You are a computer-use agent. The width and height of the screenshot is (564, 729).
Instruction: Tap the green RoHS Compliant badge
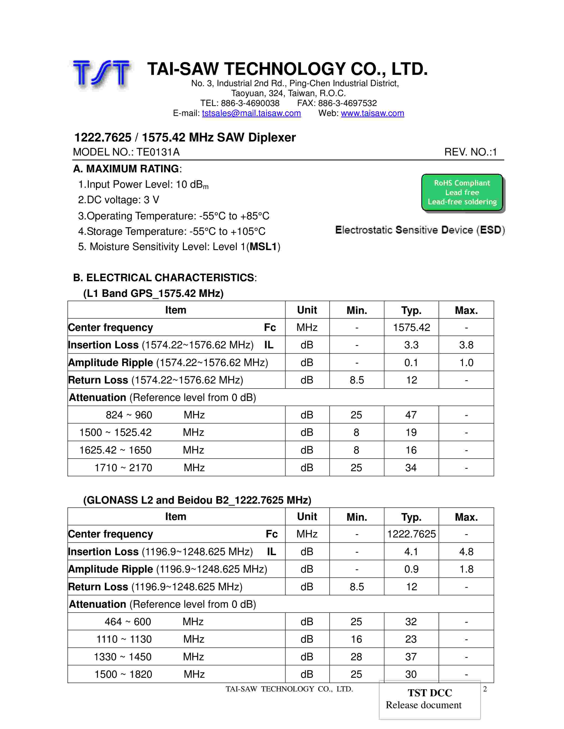pyautogui.click(x=462, y=193)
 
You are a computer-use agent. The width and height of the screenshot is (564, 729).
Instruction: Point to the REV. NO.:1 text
pyautogui.click(x=470, y=152)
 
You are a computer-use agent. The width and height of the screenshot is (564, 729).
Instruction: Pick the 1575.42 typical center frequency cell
pyautogui.click(x=411, y=327)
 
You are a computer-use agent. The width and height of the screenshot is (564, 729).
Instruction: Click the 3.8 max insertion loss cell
pyautogui.click(x=466, y=345)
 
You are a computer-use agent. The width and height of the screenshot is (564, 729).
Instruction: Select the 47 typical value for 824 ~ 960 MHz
pyautogui.click(x=411, y=415)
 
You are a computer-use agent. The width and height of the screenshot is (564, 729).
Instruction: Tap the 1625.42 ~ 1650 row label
pyautogui.click(x=115, y=450)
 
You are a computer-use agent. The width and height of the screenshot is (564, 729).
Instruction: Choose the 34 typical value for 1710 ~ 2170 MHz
pyautogui.click(x=411, y=468)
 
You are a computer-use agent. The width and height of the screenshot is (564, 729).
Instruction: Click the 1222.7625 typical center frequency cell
pyautogui.click(x=411, y=534)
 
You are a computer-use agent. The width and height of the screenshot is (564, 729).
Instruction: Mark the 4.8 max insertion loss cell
pyautogui.click(x=466, y=552)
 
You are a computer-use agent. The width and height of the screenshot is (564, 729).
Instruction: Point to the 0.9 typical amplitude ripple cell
pyautogui.click(x=411, y=569)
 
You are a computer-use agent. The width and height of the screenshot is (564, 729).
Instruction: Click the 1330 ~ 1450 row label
pyautogui.click(x=123, y=657)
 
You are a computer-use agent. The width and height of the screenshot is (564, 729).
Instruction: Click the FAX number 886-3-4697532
pyautogui.click(x=347, y=103)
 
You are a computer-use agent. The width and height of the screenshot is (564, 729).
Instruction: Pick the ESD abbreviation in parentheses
pyautogui.click(x=491, y=230)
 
